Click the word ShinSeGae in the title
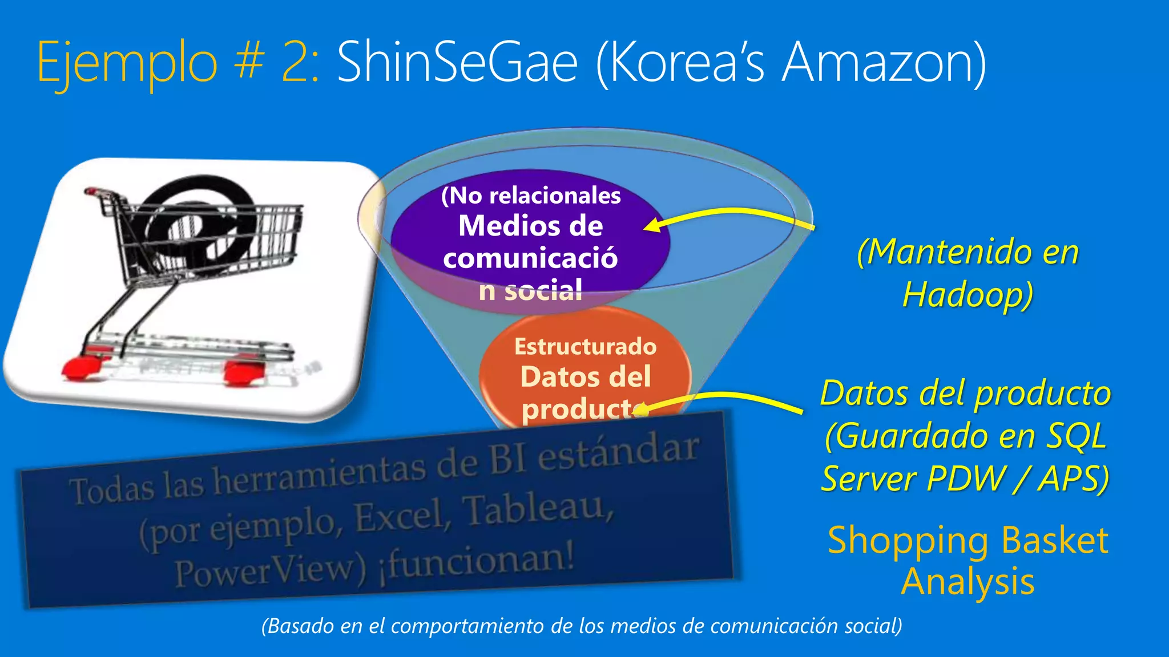[457, 63]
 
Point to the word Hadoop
[967, 295]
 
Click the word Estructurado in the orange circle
[585, 347]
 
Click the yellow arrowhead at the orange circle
[640, 409]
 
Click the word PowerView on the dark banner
[268, 570]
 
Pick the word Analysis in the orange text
[968, 582]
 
